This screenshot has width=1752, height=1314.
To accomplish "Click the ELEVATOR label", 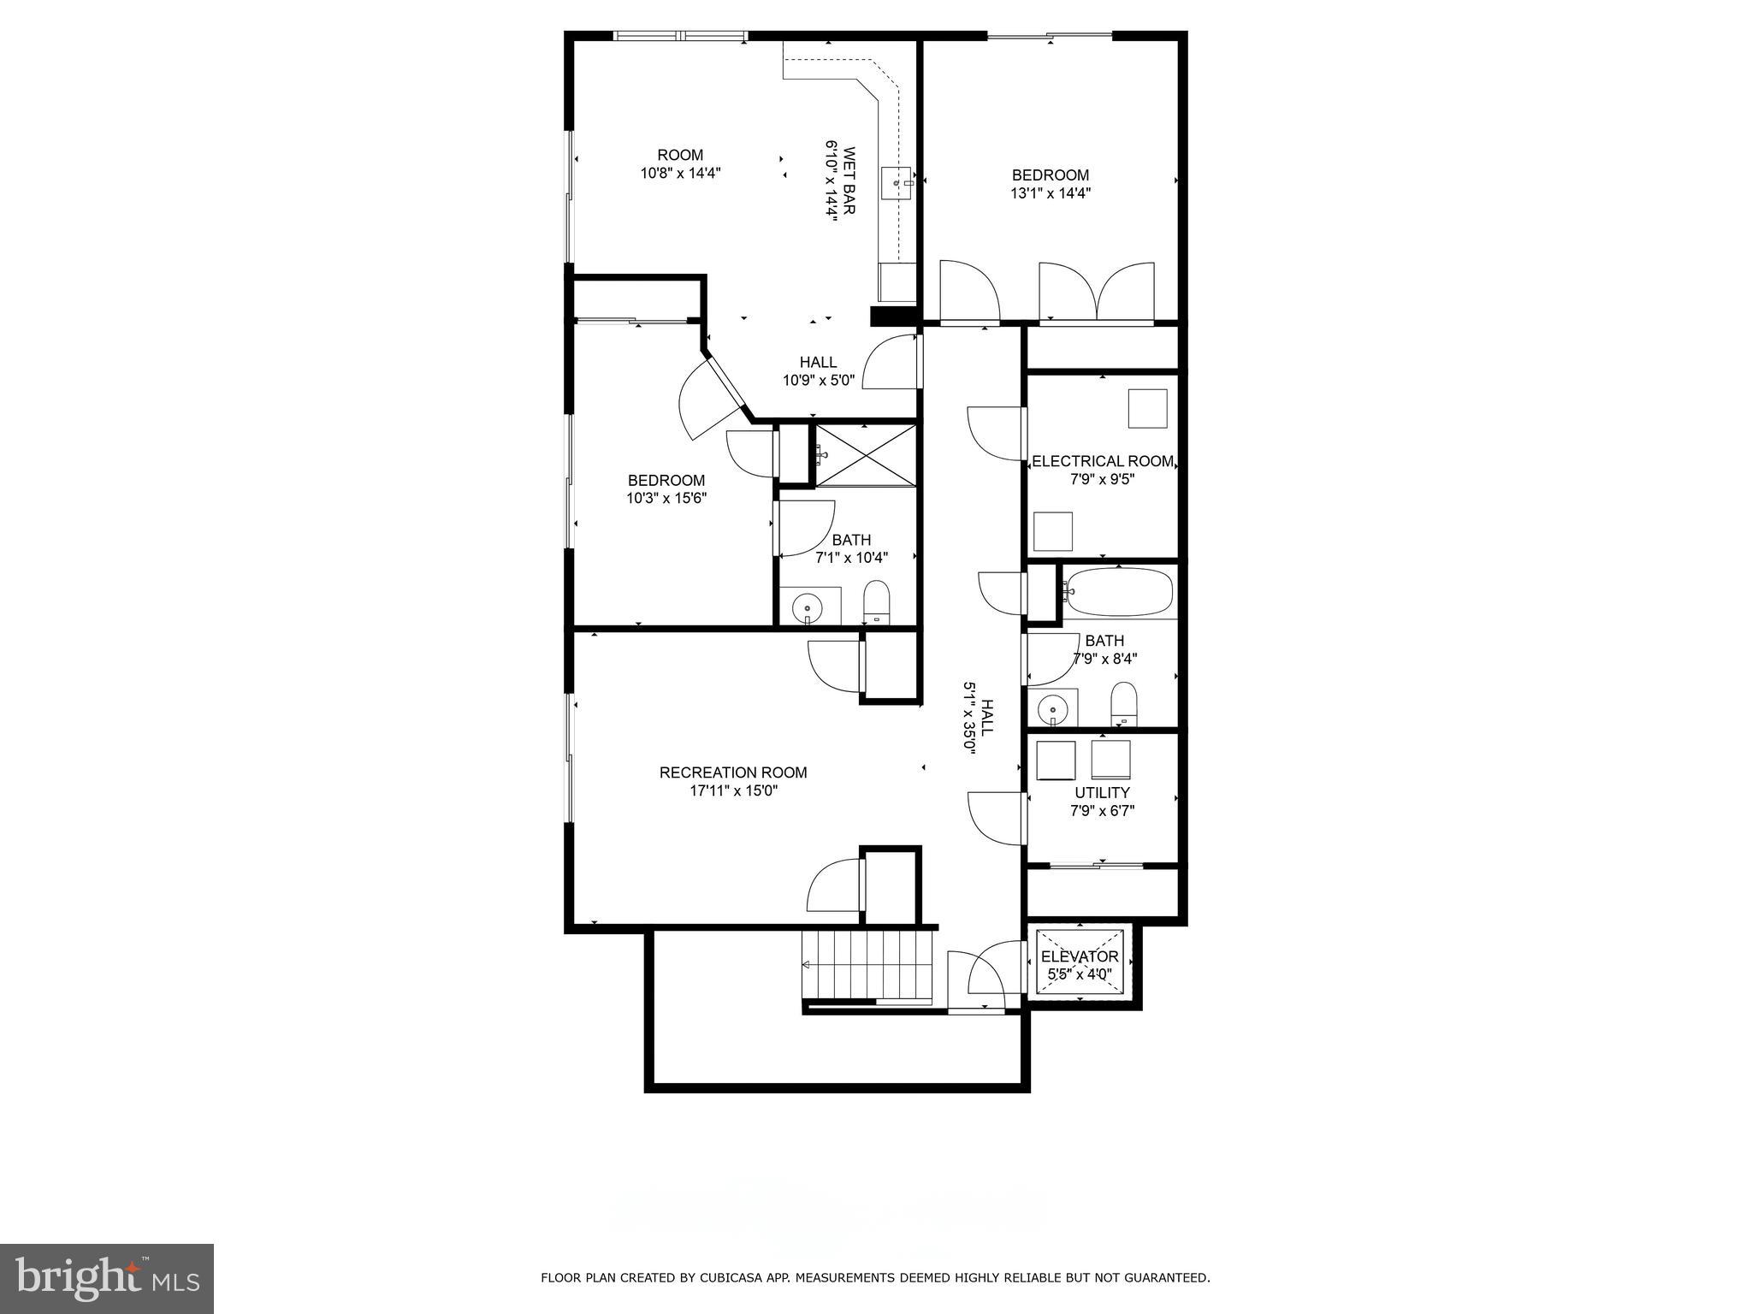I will tap(1080, 956).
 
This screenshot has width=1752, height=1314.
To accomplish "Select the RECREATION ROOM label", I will tap(733, 772).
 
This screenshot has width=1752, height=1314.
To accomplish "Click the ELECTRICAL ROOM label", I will tap(1103, 461).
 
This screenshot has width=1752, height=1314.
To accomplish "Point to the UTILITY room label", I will tap(1102, 792).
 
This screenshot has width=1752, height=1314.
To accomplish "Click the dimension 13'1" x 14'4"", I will tap(1051, 193).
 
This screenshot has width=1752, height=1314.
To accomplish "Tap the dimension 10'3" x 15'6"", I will tap(666, 498).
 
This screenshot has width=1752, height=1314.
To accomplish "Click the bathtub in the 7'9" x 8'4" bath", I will tap(1120, 590).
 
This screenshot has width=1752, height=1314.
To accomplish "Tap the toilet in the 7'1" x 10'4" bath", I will tap(877, 602).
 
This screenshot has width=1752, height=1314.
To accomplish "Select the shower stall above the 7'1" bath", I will tap(865, 454).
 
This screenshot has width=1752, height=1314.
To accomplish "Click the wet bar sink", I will tap(897, 183).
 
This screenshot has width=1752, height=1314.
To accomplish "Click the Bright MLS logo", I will tap(106, 1278).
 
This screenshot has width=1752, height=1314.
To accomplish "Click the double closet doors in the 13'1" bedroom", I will tap(1097, 293).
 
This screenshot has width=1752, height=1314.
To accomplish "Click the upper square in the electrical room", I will tap(1147, 408).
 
